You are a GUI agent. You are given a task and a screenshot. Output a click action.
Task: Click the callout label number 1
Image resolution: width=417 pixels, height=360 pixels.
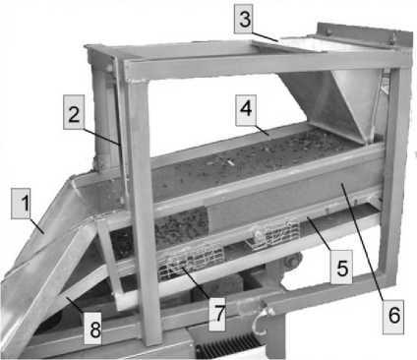point(21,204)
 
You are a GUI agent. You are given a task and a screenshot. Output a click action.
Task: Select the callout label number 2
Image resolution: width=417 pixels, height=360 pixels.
point(74,112)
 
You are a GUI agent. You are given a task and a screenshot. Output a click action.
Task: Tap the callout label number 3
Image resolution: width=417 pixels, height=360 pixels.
point(244,19)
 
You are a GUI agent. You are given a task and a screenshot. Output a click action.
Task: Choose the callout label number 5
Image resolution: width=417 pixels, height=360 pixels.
point(341,268)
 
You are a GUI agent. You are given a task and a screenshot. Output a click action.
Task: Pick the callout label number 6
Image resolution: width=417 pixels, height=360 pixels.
point(393,315)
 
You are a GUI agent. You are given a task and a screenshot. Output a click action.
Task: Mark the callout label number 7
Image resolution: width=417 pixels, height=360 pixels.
point(218,314)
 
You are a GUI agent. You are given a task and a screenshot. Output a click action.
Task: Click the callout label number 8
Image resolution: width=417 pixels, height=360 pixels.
point(92,328)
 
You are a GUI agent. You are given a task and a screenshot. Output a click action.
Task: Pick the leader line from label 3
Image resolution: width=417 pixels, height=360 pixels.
point(265,35)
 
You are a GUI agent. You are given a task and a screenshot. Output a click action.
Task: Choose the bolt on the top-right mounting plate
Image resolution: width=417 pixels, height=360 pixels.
point(327,30)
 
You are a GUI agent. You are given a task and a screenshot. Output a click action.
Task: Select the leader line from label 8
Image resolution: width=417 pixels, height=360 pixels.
point(75,305)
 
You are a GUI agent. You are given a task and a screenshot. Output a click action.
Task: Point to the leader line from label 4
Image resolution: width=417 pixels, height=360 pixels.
point(263,130)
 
